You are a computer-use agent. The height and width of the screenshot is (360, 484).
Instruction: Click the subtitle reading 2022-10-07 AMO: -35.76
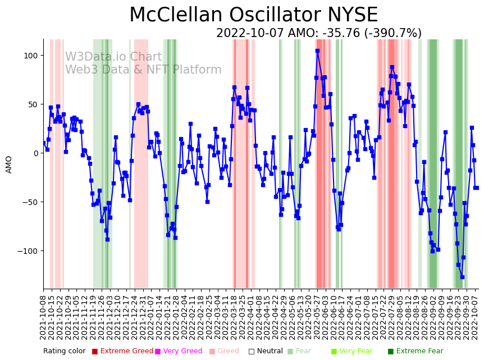318,34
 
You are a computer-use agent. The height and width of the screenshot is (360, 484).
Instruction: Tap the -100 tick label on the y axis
27,251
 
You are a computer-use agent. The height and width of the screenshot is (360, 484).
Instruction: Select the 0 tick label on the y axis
35,153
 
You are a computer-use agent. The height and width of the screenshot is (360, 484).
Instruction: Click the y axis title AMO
9,164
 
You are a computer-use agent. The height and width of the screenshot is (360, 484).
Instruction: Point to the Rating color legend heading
65,352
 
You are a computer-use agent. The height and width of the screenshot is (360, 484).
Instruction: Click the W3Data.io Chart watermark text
113,57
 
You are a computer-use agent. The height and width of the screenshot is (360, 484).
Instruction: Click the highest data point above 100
317,51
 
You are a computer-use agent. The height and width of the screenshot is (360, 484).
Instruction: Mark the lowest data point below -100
462,277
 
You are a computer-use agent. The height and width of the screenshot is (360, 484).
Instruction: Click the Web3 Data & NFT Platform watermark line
143,70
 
